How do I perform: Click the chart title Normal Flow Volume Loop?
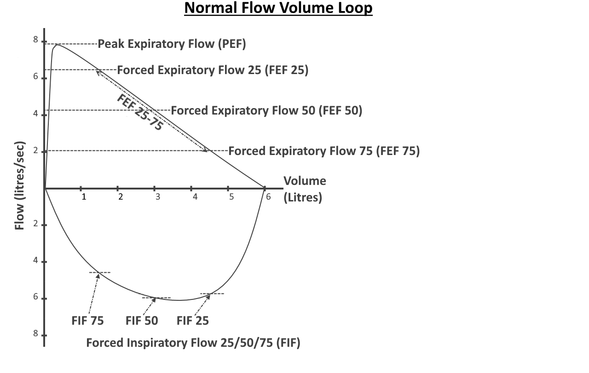click(278, 8)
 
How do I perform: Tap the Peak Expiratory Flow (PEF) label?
click(172, 44)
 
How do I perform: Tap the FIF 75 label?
click(87, 321)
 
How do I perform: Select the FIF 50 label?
click(142, 321)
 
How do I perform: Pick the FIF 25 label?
click(193, 321)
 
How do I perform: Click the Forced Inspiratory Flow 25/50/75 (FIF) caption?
click(193, 343)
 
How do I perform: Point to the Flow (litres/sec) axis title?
click(19, 185)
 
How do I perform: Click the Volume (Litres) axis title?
click(305, 189)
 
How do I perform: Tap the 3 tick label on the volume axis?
click(158, 197)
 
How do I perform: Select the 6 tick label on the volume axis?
click(268, 197)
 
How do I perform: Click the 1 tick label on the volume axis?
click(84, 197)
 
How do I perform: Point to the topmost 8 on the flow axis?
click(35, 40)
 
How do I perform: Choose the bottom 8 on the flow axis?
click(35, 333)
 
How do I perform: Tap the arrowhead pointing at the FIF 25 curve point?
click(208, 297)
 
